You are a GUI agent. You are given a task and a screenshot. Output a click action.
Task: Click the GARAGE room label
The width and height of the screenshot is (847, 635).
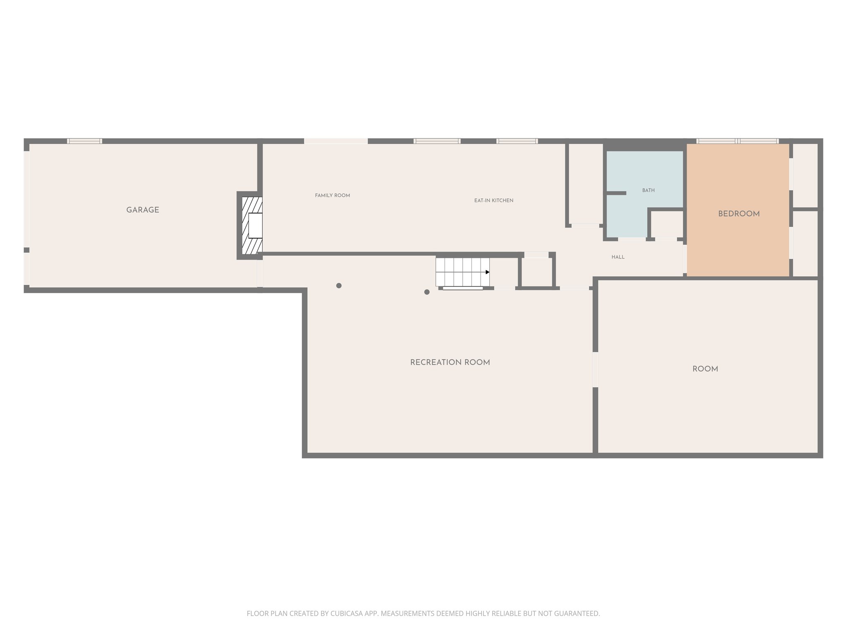click(143, 210)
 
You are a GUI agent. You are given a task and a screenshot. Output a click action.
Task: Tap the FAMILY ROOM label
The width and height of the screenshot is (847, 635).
click(333, 196)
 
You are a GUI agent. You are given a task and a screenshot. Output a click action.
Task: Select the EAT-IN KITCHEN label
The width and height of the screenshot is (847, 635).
click(494, 201)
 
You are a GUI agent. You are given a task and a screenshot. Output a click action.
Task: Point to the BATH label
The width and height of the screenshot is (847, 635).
click(648, 191)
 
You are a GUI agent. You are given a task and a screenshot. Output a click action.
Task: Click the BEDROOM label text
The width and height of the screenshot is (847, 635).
click(739, 214)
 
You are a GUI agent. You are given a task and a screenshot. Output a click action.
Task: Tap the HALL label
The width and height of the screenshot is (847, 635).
click(618, 257)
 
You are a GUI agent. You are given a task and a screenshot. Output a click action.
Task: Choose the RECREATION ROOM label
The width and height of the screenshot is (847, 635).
click(450, 363)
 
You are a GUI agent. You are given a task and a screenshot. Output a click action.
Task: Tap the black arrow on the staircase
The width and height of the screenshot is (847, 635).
click(488, 272)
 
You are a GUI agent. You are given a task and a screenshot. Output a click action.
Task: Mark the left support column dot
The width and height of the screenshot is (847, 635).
click(339, 286)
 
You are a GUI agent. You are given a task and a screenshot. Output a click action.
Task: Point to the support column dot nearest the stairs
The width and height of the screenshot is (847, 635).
click(427, 292)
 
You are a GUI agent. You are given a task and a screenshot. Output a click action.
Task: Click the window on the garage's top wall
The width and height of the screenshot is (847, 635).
click(84, 141)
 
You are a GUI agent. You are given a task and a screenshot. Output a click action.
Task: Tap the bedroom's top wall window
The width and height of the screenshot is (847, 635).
click(737, 141)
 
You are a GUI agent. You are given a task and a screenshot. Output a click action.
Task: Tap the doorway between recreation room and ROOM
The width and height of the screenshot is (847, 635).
click(595, 369)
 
